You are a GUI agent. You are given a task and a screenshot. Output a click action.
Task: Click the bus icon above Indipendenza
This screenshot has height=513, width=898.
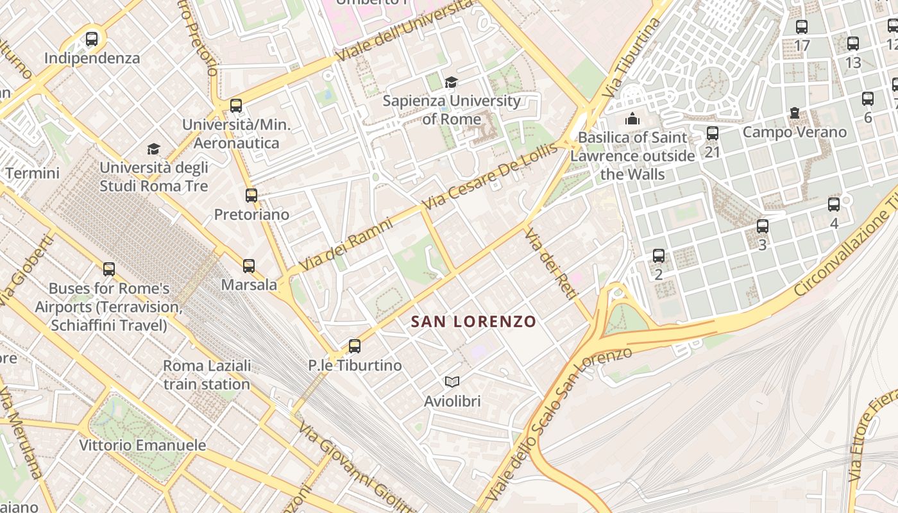tap(92, 39)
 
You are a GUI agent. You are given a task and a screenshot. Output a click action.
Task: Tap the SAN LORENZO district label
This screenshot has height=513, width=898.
tap(473, 321)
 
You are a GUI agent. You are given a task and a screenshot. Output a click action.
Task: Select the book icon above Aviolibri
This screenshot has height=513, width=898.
tap(452, 382)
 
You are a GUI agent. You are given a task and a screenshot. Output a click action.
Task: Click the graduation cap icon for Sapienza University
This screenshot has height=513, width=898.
tap(452, 82)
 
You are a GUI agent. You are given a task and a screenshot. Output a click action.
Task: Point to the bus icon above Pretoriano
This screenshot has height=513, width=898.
tap(251, 196)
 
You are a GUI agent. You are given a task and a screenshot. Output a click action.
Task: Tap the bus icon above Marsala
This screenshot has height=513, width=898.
tap(249, 265)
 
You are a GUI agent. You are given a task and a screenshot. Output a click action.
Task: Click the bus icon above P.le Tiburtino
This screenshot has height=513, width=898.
tap(355, 346)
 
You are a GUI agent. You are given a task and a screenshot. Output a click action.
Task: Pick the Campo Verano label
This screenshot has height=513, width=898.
tap(795, 133)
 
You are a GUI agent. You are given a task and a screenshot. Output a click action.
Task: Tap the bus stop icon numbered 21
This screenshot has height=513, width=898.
tap(713, 133)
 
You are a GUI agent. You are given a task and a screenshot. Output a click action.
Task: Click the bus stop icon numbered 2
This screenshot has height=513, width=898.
tap(659, 256)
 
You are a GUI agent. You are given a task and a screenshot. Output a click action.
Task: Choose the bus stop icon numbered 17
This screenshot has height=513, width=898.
tap(802, 27)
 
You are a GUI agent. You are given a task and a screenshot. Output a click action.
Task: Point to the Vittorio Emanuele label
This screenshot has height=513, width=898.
tap(142, 445)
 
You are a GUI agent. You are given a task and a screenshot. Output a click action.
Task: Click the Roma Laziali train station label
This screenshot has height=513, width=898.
tap(206, 375)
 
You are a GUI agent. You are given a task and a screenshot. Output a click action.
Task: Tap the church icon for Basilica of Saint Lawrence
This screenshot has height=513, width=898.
tap(632, 119)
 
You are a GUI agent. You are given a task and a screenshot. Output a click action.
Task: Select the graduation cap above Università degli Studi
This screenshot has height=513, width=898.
tap(153, 149)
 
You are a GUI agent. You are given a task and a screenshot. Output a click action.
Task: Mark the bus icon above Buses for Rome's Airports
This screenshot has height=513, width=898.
tap(109, 269)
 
